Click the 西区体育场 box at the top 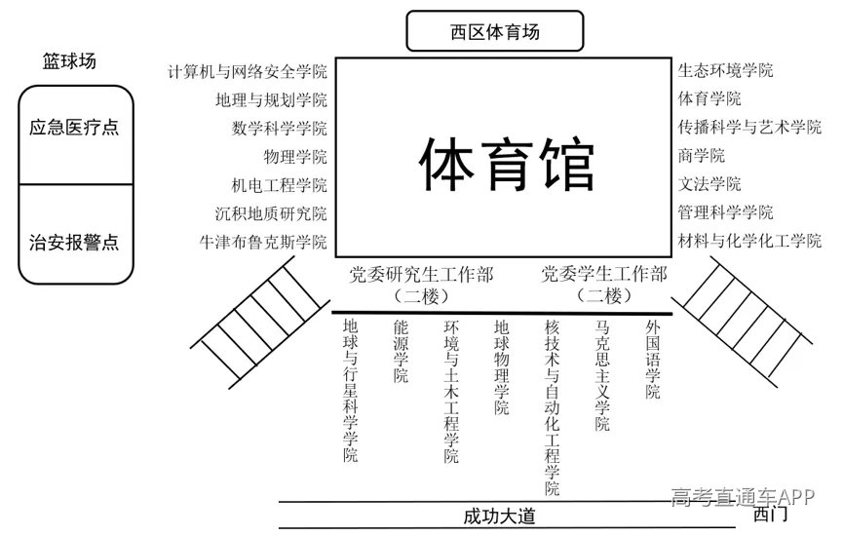tap(495, 31)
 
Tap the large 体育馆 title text tap(507, 164)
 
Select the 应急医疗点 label tap(74, 128)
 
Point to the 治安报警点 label tap(74, 242)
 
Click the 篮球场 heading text tap(69, 60)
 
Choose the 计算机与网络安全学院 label tap(248, 71)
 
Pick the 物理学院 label tap(295, 157)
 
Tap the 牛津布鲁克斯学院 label tap(263, 242)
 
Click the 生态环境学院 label tap(725, 70)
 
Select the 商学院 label tap(701, 155)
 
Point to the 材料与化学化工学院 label tap(749, 241)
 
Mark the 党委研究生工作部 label tap(421, 275)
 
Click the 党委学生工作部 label tap(604, 274)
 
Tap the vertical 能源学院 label tap(401, 351)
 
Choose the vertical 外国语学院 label tap(653, 360)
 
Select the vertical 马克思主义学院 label tap(602, 375)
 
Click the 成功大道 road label tap(499, 517)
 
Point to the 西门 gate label tap(770, 514)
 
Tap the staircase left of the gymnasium tap(260, 322)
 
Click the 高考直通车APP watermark tap(743, 497)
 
